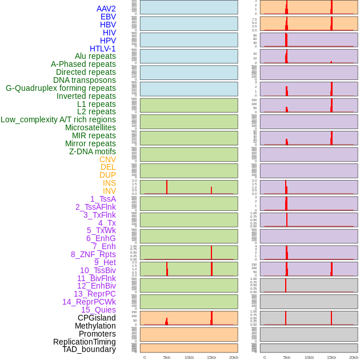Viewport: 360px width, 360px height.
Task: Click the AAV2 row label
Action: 106,9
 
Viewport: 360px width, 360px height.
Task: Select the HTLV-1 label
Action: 102,49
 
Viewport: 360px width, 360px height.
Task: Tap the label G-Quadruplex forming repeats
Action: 61,88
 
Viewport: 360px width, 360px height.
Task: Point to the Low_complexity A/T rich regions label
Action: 58,119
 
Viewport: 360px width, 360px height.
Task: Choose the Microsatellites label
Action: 90,127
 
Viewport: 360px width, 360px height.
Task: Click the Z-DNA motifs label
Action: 93,151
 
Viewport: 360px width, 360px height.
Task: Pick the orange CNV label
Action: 107,159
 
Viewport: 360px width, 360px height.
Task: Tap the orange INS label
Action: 109,183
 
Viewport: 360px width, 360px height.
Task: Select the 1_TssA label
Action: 103,199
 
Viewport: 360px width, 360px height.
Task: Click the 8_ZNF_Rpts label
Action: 93,254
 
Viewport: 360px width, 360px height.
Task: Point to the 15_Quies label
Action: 98,310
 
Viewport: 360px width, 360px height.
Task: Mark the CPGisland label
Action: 97,318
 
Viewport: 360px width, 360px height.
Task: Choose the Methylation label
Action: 95,326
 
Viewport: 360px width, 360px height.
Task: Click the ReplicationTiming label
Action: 84,342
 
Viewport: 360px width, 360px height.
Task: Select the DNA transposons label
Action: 85,80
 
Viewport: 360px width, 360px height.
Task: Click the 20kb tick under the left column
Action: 234,357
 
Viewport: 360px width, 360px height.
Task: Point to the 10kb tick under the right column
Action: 309,357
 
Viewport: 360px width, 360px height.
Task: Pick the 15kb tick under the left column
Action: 211,357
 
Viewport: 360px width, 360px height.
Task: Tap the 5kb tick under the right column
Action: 287,357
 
